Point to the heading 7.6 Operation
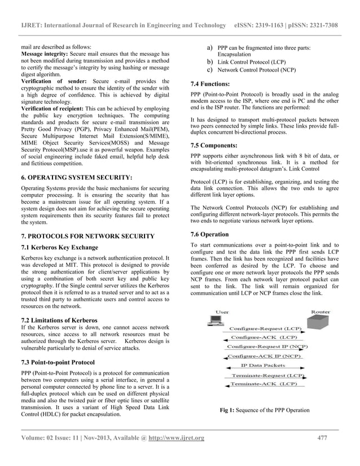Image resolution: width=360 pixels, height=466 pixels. pos(210,234)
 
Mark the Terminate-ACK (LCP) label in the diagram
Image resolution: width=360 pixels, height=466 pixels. pos(265,384)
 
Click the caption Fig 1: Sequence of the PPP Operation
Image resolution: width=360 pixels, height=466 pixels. pos(265,410)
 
